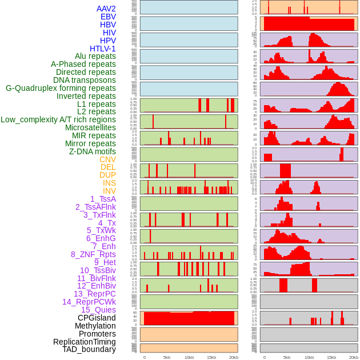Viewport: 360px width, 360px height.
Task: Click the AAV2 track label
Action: pyautogui.click(x=106, y=9)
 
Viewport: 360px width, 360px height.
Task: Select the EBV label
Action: pyautogui.click(x=108, y=17)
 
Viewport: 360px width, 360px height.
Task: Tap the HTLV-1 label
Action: pyautogui.click(x=102, y=49)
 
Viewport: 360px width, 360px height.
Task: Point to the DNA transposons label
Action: pyautogui.click(x=85, y=80)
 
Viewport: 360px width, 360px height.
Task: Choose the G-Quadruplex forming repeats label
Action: pyautogui.click(x=61, y=88)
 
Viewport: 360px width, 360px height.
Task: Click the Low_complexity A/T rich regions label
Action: pyautogui.click(x=58, y=119)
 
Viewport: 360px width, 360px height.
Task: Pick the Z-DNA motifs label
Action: pyautogui.click(x=93, y=151)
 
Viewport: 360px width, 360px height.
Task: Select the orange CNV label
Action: pyautogui.click(x=107, y=159)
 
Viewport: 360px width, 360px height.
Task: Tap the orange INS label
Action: pyautogui.click(x=109, y=183)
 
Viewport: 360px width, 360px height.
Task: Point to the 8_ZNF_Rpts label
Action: pyautogui.click(x=93, y=254)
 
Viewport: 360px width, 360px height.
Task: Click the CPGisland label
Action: pyautogui.click(x=97, y=318)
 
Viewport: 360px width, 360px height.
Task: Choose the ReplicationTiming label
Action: pyautogui.click(x=84, y=342)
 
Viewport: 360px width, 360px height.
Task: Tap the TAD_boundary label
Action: pyautogui.click(x=89, y=349)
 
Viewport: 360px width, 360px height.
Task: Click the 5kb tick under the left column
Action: pyautogui.click(x=167, y=357)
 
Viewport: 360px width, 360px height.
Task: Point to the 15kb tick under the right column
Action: pyautogui.click(x=331, y=357)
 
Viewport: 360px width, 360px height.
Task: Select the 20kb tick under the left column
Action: pyautogui.click(x=234, y=357)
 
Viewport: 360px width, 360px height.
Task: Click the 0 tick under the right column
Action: pyautogui.click(x=264, y=357)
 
